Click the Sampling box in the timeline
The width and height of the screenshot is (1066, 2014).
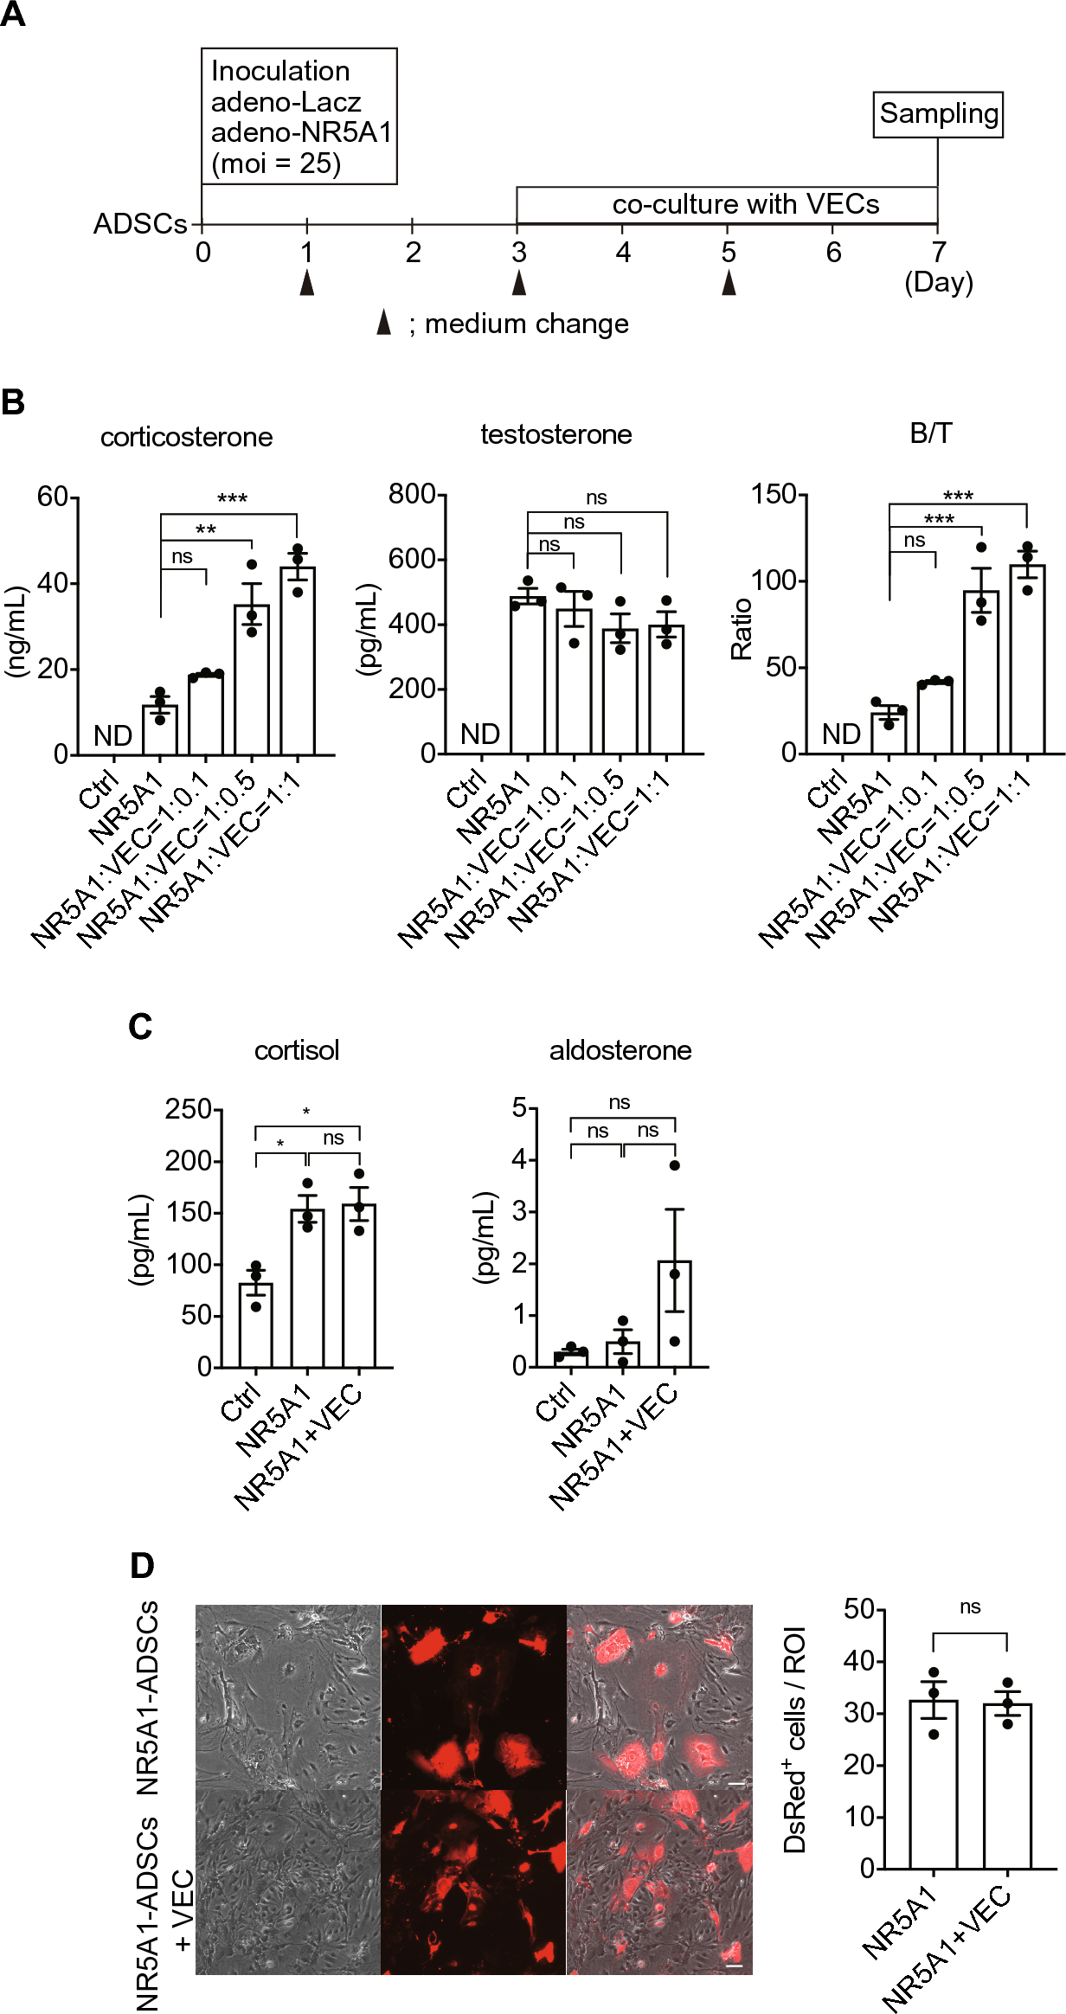[x=938, y=114]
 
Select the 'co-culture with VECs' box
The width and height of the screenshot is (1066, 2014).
[x=727, y=205]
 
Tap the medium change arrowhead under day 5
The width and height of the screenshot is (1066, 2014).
[x=729, y=282]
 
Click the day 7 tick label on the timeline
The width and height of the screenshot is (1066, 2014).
[x=938, y=253]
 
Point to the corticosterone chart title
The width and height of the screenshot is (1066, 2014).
[x=186, y=437]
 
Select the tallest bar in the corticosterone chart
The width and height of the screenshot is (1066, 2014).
[x=298, y=661]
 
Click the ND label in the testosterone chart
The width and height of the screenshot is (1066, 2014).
[x=480, y=734]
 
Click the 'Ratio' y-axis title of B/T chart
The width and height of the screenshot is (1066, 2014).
[x=742, y=629]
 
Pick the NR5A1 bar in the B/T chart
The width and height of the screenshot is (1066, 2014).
[x=889, y=733]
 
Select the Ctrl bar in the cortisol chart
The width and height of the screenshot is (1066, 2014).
[x=255, y=1324]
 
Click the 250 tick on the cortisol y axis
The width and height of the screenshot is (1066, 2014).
[x=189, y=1109]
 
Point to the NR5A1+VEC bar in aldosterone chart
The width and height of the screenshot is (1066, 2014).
[x=674, y=1314]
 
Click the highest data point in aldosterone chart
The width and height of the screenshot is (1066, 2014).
[x=675, y=1165]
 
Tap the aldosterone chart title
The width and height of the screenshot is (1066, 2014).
[x=620, y=1050]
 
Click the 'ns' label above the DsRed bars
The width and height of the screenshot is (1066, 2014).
[x=970, y=1607]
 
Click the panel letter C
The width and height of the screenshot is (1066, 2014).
[x=140, y=1027]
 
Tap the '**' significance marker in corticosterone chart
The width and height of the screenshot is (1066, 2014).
[x=206, y=529]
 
